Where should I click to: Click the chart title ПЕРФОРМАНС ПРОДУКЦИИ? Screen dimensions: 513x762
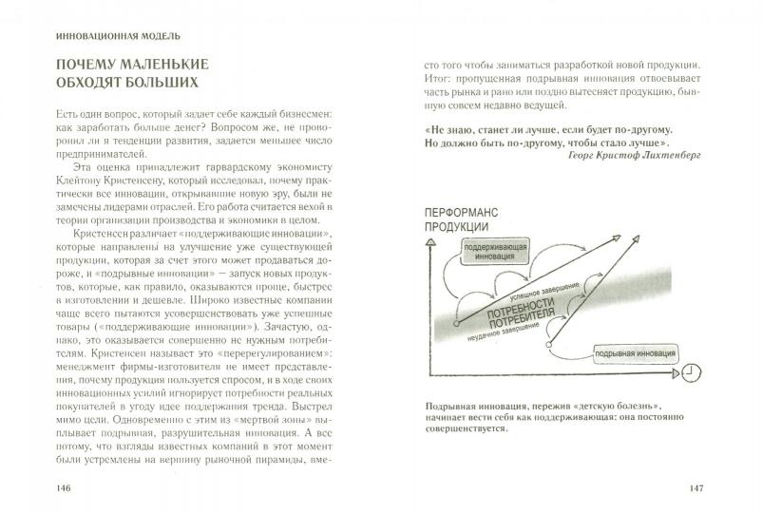463,218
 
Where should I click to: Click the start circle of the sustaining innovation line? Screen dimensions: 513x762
457,323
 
